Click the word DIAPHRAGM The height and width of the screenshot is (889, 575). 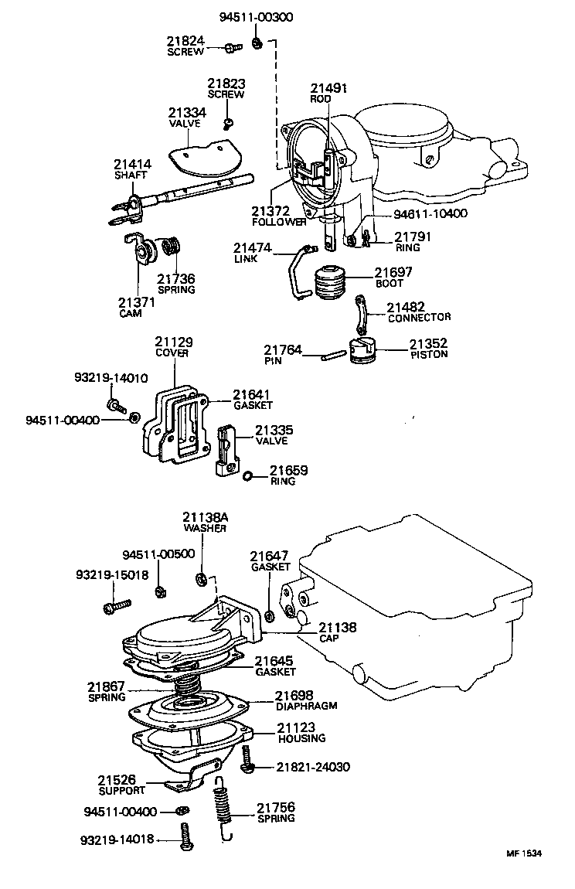point(307,706)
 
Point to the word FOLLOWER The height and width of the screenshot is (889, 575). point(278,222)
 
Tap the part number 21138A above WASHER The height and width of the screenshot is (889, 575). point(204,517)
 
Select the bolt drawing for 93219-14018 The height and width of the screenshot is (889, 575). point(185,837)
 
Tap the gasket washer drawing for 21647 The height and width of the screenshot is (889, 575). point(270,616)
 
